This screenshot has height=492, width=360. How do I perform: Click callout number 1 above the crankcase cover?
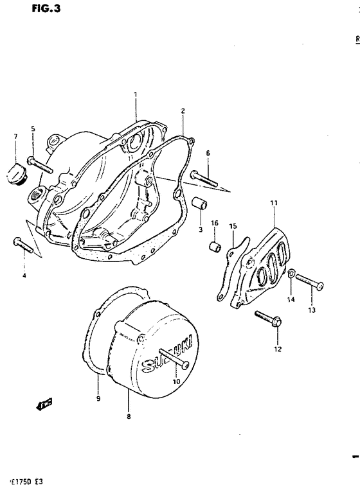[x=136, y=94]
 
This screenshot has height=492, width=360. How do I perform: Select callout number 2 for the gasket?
[x=183, y=110]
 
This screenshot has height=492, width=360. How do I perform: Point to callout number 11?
[x=273, y=203]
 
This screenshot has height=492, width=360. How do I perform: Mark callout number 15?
[x=233, y=226]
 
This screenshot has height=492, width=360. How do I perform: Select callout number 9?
[x=98, y=398]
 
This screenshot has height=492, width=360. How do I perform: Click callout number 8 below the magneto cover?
[x=129, y=416]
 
